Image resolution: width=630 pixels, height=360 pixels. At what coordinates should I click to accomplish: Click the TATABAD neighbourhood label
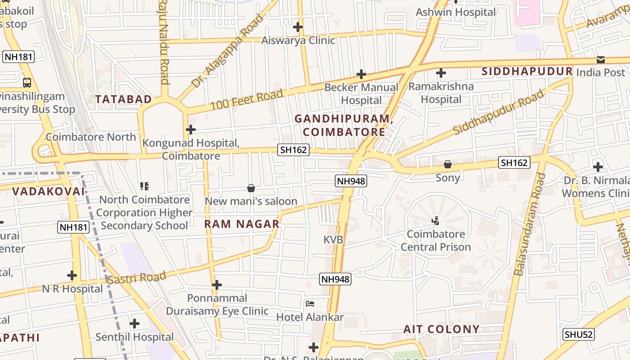[x=123, y=99]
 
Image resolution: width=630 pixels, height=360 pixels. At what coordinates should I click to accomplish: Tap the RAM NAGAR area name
[x=242, y=224]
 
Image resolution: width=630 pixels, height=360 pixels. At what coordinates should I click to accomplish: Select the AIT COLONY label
[x=441, y=329]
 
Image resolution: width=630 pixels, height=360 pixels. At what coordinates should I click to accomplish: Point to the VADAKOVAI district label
[x=48, y=191]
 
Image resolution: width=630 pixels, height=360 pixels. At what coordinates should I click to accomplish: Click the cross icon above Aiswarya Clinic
[x=298, y=27]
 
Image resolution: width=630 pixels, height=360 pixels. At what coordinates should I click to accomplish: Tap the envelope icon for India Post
[x=600, y=60]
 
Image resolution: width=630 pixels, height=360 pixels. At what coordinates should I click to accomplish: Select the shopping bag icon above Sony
[x=448, y=165]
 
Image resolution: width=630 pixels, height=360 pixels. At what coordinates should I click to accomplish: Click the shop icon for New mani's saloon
[x=251, y=188]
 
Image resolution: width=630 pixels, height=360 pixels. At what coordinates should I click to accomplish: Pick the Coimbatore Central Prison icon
[x=435, y=221]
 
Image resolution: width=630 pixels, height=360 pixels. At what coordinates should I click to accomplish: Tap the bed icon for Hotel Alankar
[x=310, y=304]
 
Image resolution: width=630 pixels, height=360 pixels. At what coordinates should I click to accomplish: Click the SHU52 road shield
[x=579, y=334]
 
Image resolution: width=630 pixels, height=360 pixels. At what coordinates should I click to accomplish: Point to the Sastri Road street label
[x=137, y=278]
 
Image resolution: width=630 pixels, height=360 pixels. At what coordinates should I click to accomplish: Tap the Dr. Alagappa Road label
[x=227, y=51]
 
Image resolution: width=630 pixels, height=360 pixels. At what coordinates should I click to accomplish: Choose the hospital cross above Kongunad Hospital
[x=191, y=130]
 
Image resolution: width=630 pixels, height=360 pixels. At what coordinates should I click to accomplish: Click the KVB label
[x=333, y=240]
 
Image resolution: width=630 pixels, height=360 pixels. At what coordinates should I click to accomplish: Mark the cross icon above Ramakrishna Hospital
[x=441, y=73]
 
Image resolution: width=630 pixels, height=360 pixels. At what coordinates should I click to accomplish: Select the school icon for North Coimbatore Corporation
[x=144, y=186]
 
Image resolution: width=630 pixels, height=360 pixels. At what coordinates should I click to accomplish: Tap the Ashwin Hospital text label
[x=455, y=12]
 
